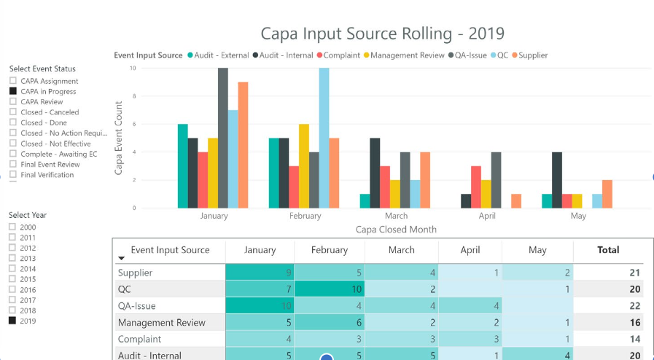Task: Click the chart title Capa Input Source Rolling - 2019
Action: point(382,34)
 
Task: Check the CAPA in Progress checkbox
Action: point(13,92)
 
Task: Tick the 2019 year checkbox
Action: point(12,321)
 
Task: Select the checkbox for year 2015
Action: point(12,279)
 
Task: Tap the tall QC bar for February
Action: point(324,138)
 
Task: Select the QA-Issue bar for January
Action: point(222,138)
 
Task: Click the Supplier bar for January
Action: point(243,146)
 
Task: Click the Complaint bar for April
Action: point(475,187)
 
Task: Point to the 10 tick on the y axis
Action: point(133,69)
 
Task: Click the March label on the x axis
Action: point(396,216)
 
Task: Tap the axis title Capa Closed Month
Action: point(396,230)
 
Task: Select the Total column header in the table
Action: point(608,250)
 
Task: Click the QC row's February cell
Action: point(330,289)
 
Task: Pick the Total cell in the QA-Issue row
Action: point(608,306)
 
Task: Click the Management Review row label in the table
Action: point(161,323)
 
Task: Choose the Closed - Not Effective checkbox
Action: point(13,144)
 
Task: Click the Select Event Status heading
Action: point(42,69)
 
